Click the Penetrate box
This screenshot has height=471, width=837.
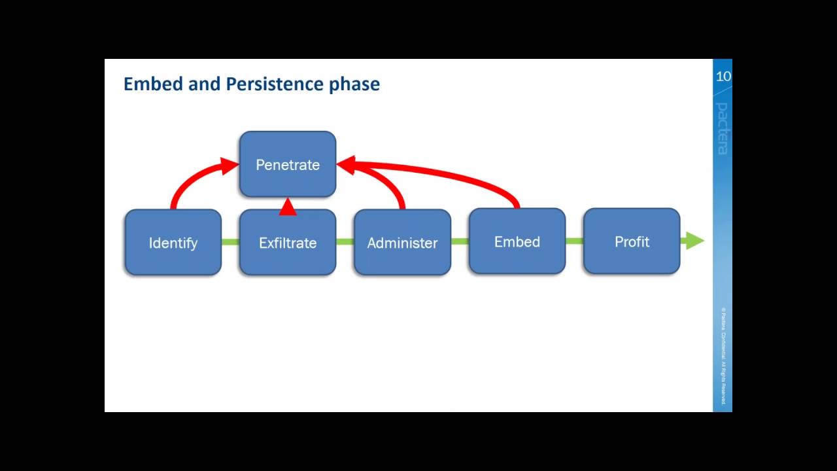pyautogui.click(x=288, y=165)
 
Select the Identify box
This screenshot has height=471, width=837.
pyautogui.click(x=173, y=243)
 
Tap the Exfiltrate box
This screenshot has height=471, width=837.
pyautogui.click(x=288, y=243)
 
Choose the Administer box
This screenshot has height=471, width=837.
pyautogui.click(x=402, y=243)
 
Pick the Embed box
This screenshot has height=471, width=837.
pyautogui.click(x=517, y=241)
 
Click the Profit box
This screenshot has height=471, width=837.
pyautogui.click(x=632, y=241)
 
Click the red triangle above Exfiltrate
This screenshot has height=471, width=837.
pyautogui.click(x=288, y=207)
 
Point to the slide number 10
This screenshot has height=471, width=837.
pyautogui.click(x=723, y=77)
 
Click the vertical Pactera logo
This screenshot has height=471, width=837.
pyautogui.click(x=722, y=128)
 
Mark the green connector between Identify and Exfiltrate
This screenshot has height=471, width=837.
pyautogui.click(x=230, y=243)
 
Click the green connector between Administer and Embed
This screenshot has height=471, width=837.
pyautogui.click(x=460, y=242)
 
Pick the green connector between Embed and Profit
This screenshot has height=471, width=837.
pyautogui.click(x=574, y=241)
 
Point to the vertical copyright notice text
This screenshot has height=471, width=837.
pyautogui.click(x=723, y=357)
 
